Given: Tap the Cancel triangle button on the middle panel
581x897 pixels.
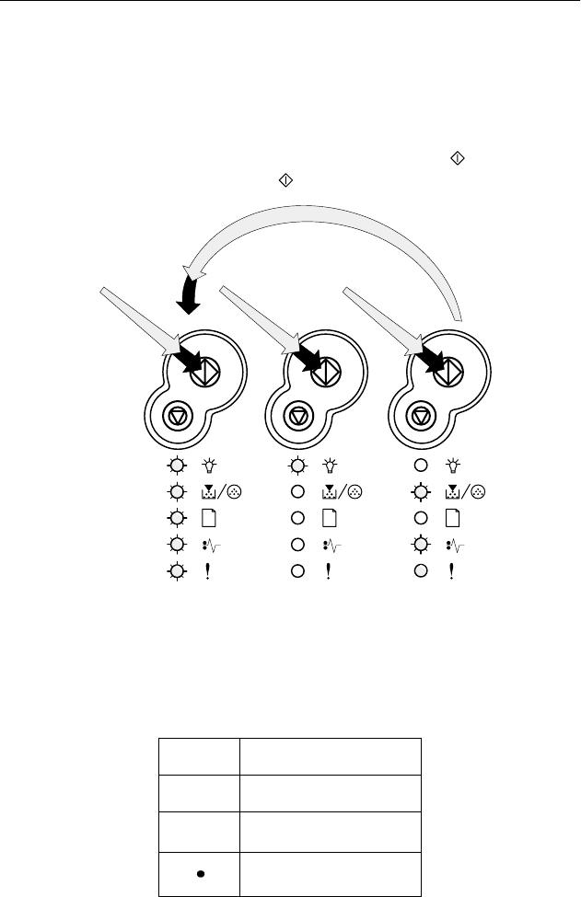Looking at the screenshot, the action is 298,416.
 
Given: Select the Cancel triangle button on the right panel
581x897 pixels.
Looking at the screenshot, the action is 421,416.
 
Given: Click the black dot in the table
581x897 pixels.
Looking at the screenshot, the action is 199,870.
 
